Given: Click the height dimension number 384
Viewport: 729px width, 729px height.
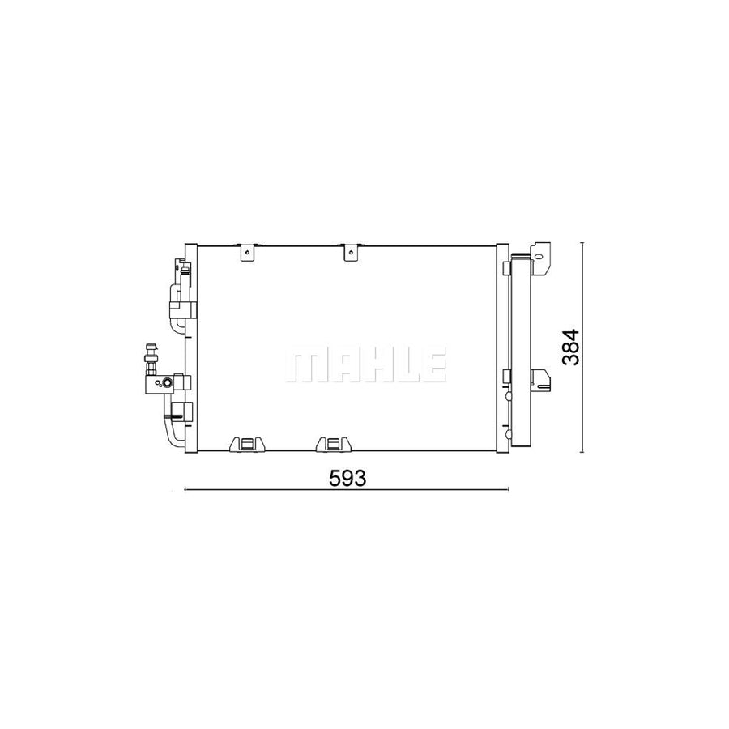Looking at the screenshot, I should pyautogui.click(x=572, y=347).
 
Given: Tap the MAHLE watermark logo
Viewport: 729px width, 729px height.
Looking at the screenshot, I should pyautogui.click(x=364, y=367).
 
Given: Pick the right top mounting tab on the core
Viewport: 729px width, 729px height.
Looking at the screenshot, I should pyautogui.click(x=350, y=253).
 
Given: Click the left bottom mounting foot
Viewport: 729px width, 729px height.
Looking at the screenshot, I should pyautogui.click(x=247, y=444).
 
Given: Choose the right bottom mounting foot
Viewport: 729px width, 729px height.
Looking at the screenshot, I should pyautogui.click(x=331, y=444).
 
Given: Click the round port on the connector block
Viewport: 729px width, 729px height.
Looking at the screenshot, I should pyautogui.click(x=166, y=382).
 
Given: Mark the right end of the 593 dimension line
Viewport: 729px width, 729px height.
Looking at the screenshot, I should pyautogui.click(x=508, y=489).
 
